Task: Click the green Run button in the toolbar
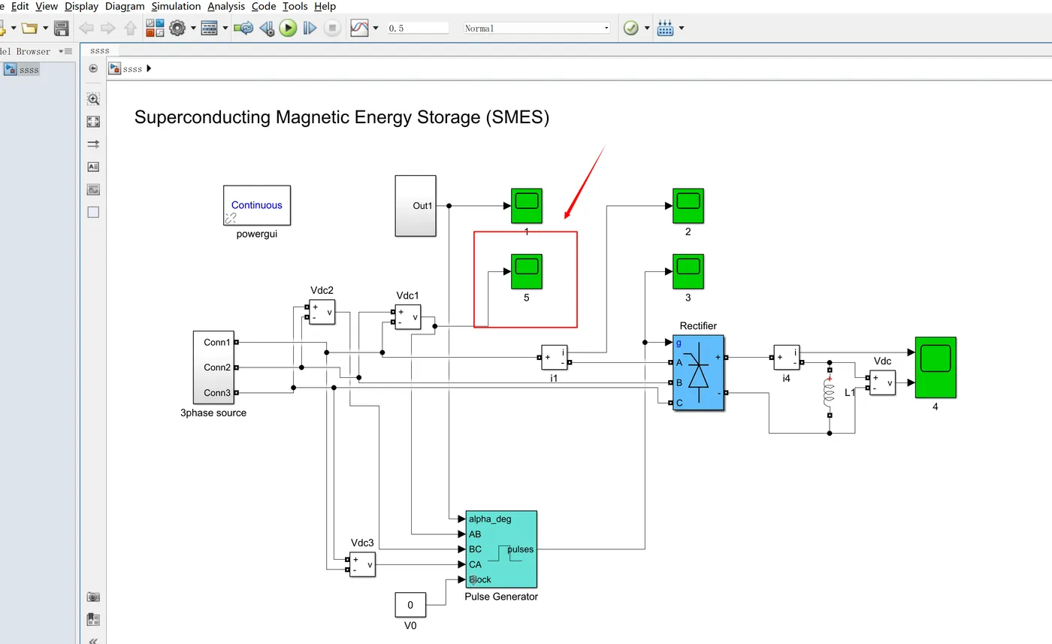288,29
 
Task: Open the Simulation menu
176,7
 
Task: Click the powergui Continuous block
257,205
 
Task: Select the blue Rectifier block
698,373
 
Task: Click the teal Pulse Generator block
501,549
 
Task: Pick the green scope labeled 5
527,271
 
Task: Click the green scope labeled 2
688,206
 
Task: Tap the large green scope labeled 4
936,367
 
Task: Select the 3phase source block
213,367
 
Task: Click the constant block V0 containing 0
410,604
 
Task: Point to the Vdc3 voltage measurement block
362,564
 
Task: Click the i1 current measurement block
555,358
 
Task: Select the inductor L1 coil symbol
830,393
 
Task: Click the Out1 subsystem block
416,206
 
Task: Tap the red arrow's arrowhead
567,215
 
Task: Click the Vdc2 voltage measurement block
322,312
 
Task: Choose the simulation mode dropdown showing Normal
537,29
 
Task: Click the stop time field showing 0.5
418,29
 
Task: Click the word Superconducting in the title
202,117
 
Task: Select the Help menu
325,7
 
